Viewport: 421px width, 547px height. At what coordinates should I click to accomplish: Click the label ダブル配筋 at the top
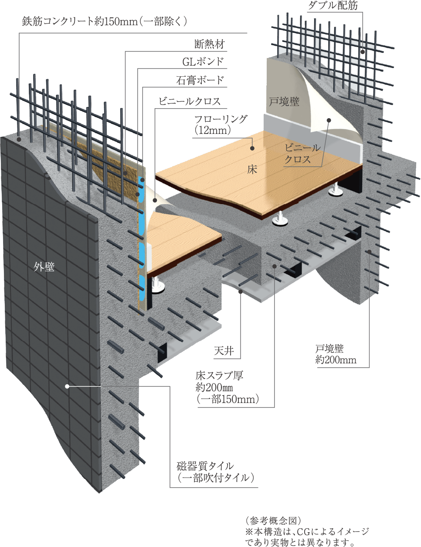tap(333, 6)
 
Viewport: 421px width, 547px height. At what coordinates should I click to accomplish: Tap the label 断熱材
tap(210, 44)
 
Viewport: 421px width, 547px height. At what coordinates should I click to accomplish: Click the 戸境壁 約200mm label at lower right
tap(336, 354)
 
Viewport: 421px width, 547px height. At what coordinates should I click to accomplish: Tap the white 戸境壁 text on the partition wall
tap(284, 102)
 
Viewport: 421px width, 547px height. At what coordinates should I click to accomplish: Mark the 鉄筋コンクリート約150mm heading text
tap(105, 22)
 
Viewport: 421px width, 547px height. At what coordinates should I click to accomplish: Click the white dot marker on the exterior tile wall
tap(67, 386)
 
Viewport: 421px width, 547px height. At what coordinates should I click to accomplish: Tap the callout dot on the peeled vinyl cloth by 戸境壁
tap(329, 120)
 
